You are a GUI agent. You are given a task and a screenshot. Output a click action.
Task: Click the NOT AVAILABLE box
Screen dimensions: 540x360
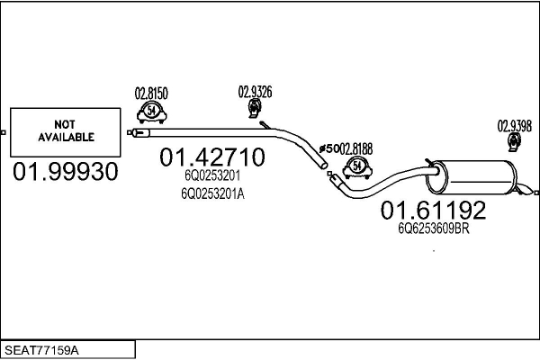click(66, 131)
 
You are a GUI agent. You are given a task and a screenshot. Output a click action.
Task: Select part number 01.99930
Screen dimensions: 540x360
click(65, 173)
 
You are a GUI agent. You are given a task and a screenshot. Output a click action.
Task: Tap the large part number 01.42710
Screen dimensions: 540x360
click(212, 157)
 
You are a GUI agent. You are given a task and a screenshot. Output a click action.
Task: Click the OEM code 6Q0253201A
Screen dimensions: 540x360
click(212, 193)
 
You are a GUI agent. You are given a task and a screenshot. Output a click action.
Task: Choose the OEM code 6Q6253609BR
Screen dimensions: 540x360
click(434, 229)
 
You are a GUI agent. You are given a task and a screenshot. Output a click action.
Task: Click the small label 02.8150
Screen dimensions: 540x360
click(151, 92)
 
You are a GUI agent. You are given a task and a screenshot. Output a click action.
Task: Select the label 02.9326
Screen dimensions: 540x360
click(255, 91)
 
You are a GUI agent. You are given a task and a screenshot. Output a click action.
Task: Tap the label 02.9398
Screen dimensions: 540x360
click(515, 125)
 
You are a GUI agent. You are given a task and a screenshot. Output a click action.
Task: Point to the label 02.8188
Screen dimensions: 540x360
click(355, 147)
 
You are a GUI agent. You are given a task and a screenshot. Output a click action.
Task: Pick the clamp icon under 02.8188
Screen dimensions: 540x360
click(356, 166)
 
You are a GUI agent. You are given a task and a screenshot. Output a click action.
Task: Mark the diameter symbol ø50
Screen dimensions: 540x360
click(328, 147)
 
